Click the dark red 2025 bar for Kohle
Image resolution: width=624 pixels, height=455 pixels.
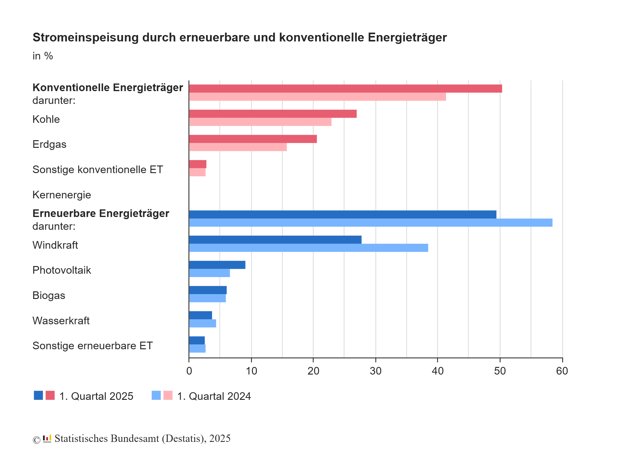pos(273,114)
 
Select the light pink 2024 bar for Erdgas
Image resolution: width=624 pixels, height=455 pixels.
pos(238,147)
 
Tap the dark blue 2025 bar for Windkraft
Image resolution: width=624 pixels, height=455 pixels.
pos(275,240)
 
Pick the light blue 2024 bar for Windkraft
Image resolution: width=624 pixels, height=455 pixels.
pos(308,248)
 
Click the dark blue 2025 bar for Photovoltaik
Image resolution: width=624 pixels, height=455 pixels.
pos(217,265)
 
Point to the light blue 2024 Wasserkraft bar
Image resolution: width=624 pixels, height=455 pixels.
pos(202,323)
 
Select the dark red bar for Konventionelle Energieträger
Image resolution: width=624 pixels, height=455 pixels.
pos(345,88)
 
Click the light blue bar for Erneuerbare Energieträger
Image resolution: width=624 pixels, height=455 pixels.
pos(370,223)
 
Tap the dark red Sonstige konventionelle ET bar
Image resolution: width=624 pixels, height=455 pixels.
pos(197,164)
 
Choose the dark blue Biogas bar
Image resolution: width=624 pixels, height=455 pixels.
pos(207,290)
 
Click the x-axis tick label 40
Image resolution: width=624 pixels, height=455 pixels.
pos(438,371)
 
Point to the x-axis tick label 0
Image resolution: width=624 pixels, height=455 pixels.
pos(189,371)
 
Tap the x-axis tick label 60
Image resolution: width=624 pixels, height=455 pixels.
pos(562,371)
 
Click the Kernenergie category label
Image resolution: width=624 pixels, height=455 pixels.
pos(62,195)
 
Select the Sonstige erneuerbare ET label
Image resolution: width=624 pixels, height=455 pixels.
pos(92,346)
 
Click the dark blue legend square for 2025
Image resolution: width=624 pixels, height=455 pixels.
pos(38,395)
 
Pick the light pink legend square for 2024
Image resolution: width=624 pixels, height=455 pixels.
pos(168,395)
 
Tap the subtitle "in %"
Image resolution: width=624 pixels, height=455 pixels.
pos(43,56)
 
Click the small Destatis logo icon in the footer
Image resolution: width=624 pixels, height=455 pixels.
pos(47,439)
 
